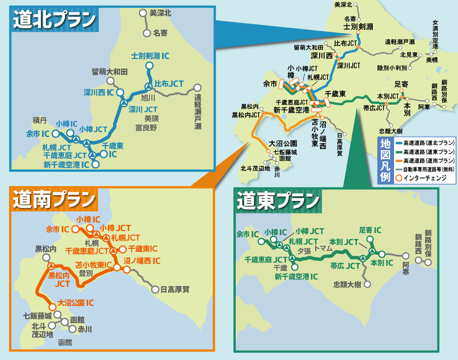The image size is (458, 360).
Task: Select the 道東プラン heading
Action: tap(278, 199)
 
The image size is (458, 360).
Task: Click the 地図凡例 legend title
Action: tap(385, 160)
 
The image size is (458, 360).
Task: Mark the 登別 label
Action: tap(86, 274)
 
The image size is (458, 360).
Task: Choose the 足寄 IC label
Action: tap(370, 229)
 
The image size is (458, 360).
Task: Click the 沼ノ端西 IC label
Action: tap(142, 261)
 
